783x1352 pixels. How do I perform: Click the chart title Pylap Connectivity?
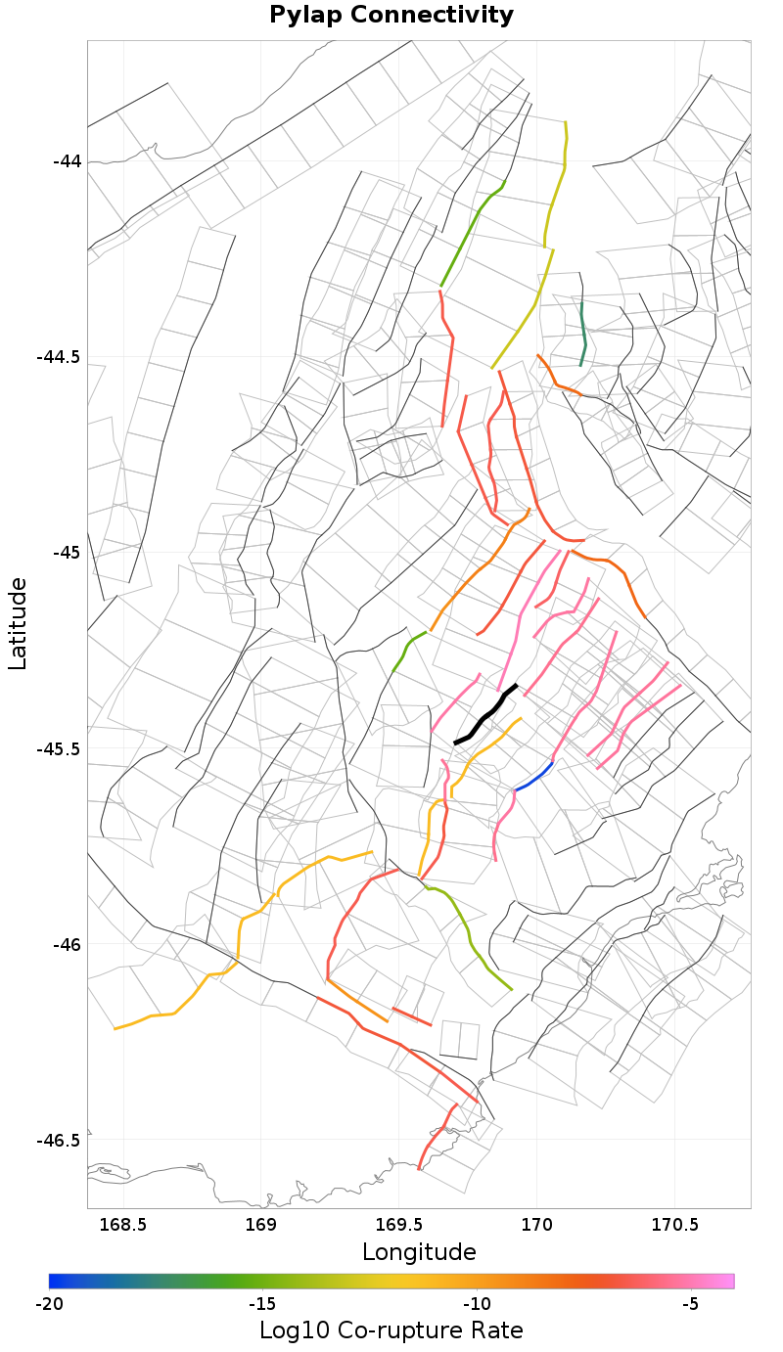point(391,16)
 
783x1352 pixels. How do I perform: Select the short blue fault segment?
point(533,776)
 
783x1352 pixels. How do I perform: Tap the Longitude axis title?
point(419,1252)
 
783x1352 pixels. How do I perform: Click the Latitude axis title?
point(18,623)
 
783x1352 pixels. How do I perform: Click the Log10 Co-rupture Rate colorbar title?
point(391,1330)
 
